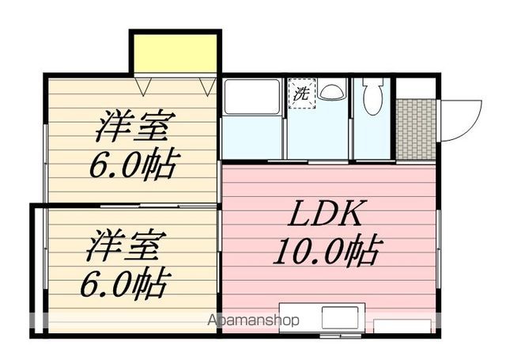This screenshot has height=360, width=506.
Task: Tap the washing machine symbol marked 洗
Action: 301,92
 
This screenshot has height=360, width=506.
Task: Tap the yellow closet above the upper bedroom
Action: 176,54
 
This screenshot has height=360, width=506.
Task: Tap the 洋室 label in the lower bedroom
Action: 125,244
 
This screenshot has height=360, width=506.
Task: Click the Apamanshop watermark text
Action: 254,320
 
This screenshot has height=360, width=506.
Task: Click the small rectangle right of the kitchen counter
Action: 402,326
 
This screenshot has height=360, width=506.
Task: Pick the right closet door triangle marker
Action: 207,85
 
